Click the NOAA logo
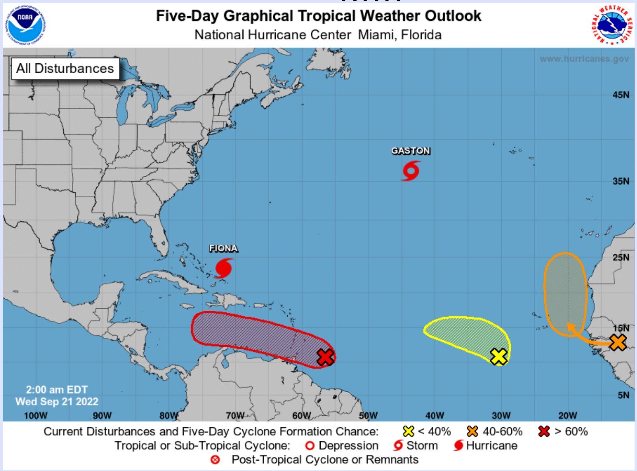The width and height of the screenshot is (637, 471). [25, 25]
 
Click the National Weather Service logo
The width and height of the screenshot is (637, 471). [612, 25]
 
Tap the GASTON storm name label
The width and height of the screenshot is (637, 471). [411, 151]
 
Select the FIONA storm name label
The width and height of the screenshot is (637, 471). [223, 248]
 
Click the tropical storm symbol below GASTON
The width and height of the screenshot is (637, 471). [411, 171]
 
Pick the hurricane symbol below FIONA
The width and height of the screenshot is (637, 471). [224, 268]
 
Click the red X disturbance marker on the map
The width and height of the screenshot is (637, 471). [325, 357]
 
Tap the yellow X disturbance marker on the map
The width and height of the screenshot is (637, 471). [499, 356]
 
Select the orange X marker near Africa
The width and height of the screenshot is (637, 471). [618, 342]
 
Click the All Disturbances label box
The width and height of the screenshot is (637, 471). [65, 68]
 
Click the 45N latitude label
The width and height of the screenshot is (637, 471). [621, 95]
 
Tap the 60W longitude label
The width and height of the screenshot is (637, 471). [301, 416]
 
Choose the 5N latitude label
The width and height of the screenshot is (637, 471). [623, 395]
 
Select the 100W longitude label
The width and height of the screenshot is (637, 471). [35, 416]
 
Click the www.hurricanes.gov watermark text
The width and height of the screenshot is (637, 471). [584, 59]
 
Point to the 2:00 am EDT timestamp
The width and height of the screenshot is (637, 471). [56, 389]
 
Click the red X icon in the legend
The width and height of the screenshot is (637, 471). [544, 431]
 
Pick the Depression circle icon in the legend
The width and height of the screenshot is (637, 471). [310, 446]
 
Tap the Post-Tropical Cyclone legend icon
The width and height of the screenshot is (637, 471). [215, 460]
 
